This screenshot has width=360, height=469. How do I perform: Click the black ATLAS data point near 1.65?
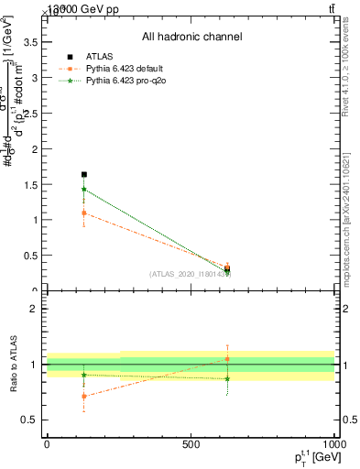coord(84,174)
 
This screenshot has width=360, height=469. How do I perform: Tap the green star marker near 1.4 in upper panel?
coord(84,190)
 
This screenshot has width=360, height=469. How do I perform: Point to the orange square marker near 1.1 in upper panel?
coord(84,213)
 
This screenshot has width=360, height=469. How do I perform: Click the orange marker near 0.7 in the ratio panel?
coord(84,397)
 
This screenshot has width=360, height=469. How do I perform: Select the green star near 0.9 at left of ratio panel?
coord(84,375)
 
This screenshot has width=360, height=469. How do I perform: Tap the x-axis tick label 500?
coord(191,443)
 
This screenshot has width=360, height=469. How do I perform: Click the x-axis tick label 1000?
coord(333,443)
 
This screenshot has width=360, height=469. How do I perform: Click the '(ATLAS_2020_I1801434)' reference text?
coord(190,274)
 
